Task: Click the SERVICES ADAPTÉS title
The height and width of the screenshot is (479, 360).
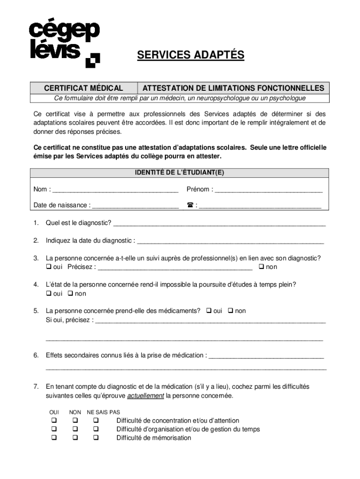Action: coord(190,55)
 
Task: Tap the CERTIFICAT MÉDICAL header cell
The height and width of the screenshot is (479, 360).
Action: coord(84,88)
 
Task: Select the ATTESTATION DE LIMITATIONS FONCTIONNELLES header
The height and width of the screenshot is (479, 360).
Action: coord(233,88)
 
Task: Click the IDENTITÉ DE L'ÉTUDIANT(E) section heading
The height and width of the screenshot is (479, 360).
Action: coord(180,173)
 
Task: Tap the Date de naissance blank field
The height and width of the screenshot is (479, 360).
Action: coord(136,205)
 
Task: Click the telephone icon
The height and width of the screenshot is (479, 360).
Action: coord(190,205)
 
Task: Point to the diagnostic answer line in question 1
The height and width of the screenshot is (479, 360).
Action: coord(219,223)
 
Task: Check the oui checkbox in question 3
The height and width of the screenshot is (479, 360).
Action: coord(48,267)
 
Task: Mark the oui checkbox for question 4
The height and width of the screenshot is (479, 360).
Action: coord(48,294)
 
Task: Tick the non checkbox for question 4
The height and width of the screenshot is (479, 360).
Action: coord(70,294)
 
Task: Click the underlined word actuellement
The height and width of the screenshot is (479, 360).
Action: coord(145,396)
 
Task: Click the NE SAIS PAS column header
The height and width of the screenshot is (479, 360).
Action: coord(103,412)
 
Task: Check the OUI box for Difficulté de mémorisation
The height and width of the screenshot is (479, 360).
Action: coord(54,438)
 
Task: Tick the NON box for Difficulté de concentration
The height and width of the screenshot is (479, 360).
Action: coord(75,421)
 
